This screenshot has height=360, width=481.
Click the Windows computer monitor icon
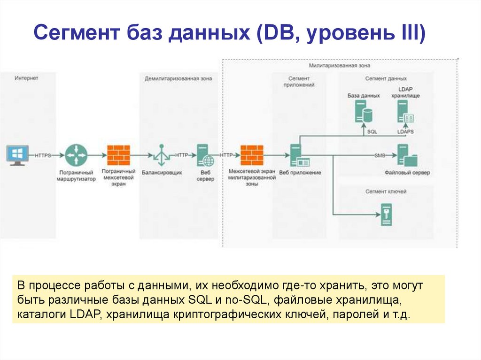click(17, 155)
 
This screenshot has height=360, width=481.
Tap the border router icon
click(76, 155)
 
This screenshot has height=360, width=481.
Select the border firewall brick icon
click(118, 155)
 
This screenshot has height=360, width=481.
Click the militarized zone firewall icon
click(251, 155)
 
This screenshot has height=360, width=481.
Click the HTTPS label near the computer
click(43, 155)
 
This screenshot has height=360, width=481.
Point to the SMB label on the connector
click(380, 155)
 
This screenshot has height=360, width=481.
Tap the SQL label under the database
click(372, 132)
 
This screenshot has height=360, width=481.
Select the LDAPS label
click(405, 132)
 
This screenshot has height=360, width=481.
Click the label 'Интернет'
click(26, 78)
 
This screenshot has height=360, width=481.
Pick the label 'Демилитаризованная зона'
click(178, 78)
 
